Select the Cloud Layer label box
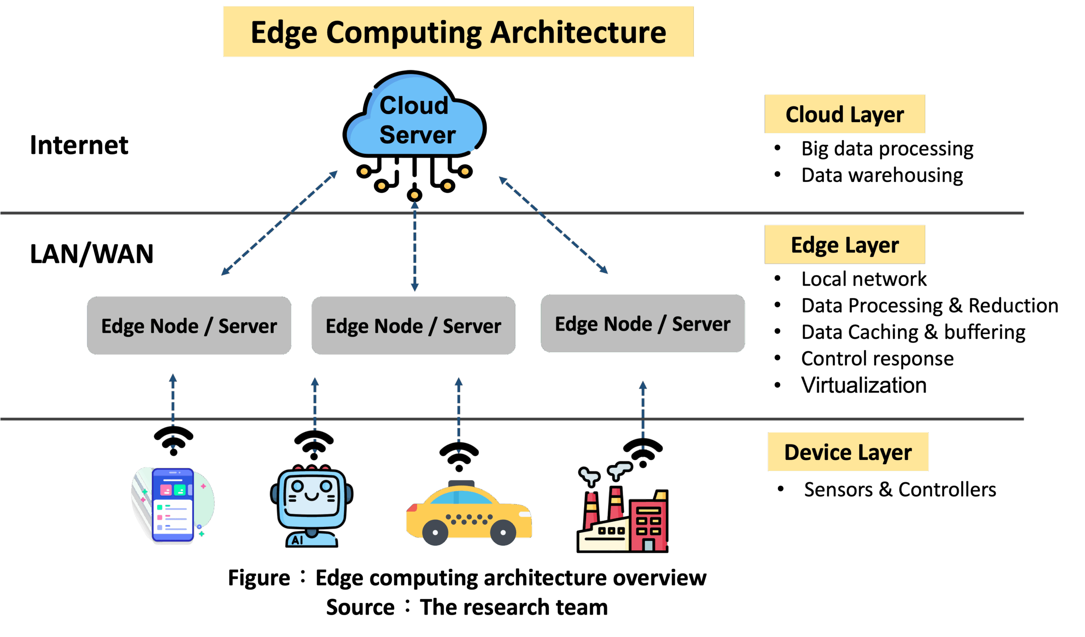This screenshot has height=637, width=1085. pyautogui.click(x=845, y=114)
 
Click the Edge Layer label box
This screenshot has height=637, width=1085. pyautogui.click(x=845, y=245)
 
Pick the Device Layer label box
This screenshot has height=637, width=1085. pyautogui.click(x=848, y=451)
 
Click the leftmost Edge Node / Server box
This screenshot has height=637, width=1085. pyautogui.click(x=189, y=325)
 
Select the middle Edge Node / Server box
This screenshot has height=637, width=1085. pyautogui.click(x=413, y=325)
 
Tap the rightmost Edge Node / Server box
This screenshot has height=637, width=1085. pyautogui.click(x=643, y=323)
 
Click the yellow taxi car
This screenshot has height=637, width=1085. pyautogui.click(x=469, y=515)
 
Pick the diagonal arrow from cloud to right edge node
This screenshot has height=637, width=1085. pyautogui.click(x=553, y=225)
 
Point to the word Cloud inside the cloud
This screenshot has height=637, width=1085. pyautogui.click(x=414, y=106)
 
